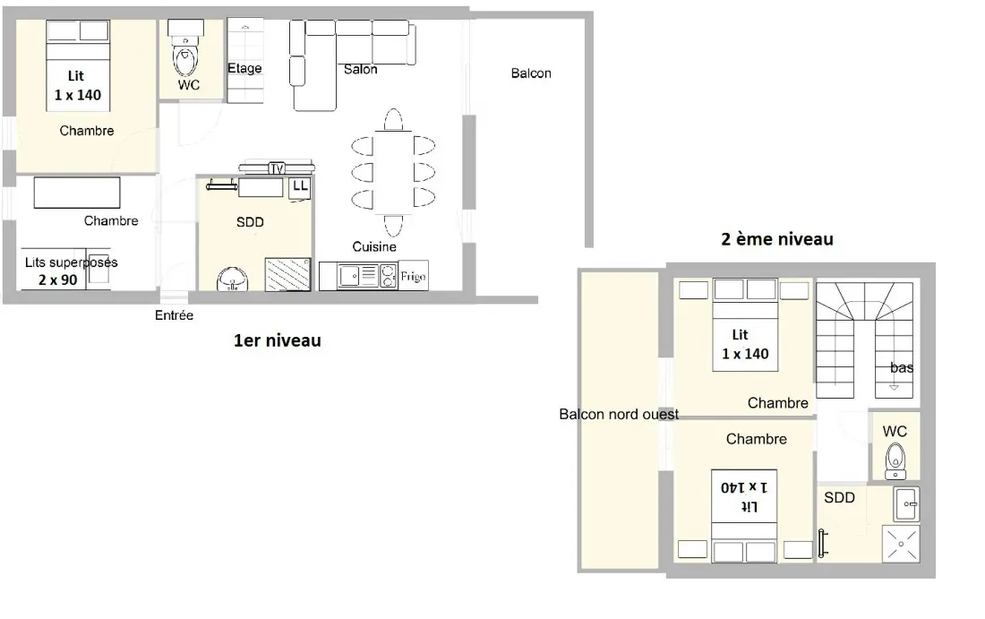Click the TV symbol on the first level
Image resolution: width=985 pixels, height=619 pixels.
coord(277,168)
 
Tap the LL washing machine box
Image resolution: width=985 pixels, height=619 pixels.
coord(300,188)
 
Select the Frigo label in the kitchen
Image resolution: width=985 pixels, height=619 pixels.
coord(414,276)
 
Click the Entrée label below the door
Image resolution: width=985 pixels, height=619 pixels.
coord(174,315)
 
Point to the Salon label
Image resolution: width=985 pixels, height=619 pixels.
coord(361,69)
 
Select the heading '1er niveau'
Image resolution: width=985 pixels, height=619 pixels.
coord(277,340)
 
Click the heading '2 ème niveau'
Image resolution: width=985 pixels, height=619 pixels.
coord(777,239)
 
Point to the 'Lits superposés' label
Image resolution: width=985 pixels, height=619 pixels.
coord(71,262)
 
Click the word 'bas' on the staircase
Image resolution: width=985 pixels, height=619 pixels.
coord(902,367)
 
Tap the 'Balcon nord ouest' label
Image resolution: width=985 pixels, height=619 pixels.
coord(619,414)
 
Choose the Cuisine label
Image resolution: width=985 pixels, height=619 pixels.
coord(374,247)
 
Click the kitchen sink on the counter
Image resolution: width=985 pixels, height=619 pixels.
coord(349,275)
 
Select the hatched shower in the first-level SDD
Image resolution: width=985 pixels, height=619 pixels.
coord(287,274)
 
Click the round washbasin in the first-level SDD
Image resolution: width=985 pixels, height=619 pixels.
coord(233,279)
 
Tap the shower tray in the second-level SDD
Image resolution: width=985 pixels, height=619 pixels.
coord(902,544)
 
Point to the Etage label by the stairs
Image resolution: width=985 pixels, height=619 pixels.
coord(244,68)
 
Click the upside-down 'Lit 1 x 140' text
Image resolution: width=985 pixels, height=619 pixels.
coord(744,496)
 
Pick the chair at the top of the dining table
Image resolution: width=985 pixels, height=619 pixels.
coord(393,119)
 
